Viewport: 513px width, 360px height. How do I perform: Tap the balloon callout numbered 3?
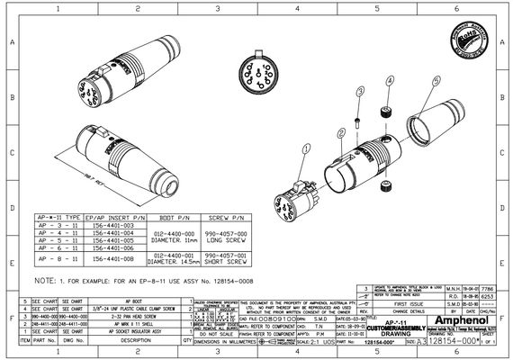(359, 92)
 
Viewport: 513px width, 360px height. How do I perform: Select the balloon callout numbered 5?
(436, 80)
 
